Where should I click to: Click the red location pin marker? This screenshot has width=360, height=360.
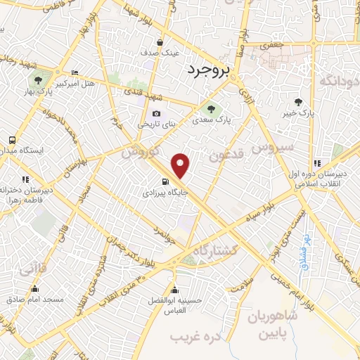tap(181, 165)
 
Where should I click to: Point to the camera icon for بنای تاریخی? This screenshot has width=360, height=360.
tap(155, 113)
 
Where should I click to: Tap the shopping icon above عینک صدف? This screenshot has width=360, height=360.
tap(161, 41)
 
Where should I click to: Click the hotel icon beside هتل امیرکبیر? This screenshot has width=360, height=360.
tap(75, 72)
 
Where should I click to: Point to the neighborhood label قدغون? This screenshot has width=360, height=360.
tap(224, 154)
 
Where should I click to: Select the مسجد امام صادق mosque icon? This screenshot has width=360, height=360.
tap(35, 288)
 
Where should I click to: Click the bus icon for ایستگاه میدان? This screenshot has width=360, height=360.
tap(12, 139)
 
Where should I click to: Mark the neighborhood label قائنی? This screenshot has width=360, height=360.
tap(34, 268)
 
